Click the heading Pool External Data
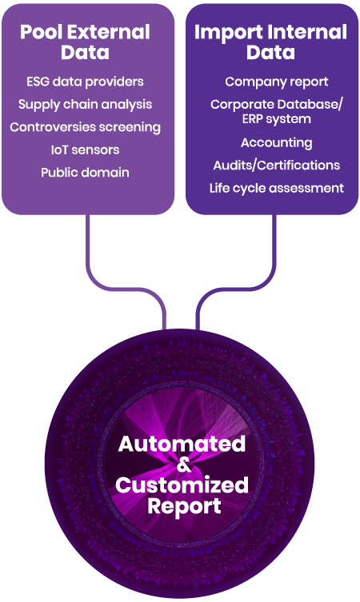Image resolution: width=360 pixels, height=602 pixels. pyautogui.click(x=85, y=42)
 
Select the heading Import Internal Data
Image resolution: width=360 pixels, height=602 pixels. pyautogui.click(x=271, y=42)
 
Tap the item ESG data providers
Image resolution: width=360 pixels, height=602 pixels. pyautogui.click(x=85, y=82)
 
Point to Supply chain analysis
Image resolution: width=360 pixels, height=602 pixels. pyautogui.click(x=85, y=105)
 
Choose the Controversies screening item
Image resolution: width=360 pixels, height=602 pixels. pyautogui.click(x=85, y=127)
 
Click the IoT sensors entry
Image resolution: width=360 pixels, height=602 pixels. pyautogui.click(x=85, y=150)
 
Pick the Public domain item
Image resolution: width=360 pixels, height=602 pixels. pyautogui.click(x=85, y=173)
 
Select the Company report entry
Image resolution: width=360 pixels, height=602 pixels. pyautogui.click(x=276, y=82)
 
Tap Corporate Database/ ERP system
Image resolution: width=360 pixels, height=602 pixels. pyautogui.click(x=276, y=112)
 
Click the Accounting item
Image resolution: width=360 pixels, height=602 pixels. pyautogui.click(x=276, y=143)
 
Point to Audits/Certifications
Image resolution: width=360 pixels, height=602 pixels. pyautogui.click(x=276, y=165)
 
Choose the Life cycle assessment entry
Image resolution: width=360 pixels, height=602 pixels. pyautogui.click(x=276, y=188)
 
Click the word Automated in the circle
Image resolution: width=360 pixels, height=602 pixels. pyautogui.click(x=182, y=444)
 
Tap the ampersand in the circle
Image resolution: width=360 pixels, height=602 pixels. pyautogui.click(x=184, y=465)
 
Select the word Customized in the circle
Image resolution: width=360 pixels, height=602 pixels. pyautogui.click(x=182, y=485)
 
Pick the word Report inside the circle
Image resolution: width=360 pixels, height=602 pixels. pyautogui.click(x=184, y=506)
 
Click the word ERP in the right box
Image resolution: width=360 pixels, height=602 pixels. pyautogui.click(x=251, y=119)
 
